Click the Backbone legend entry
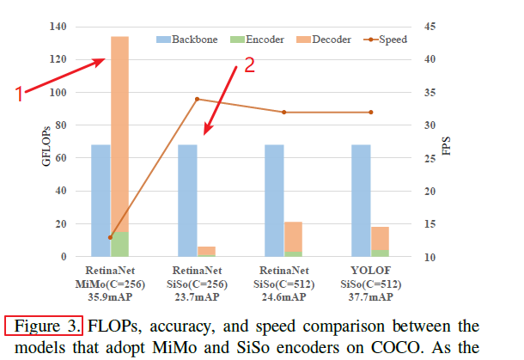pos(187,39)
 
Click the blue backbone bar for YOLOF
pos(361,199)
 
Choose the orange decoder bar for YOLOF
pos(379,238)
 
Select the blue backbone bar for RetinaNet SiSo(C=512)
pos(274,199)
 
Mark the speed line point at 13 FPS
pos(110,237)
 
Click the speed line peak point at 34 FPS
pos(197,99)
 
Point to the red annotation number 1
pos(20,95)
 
